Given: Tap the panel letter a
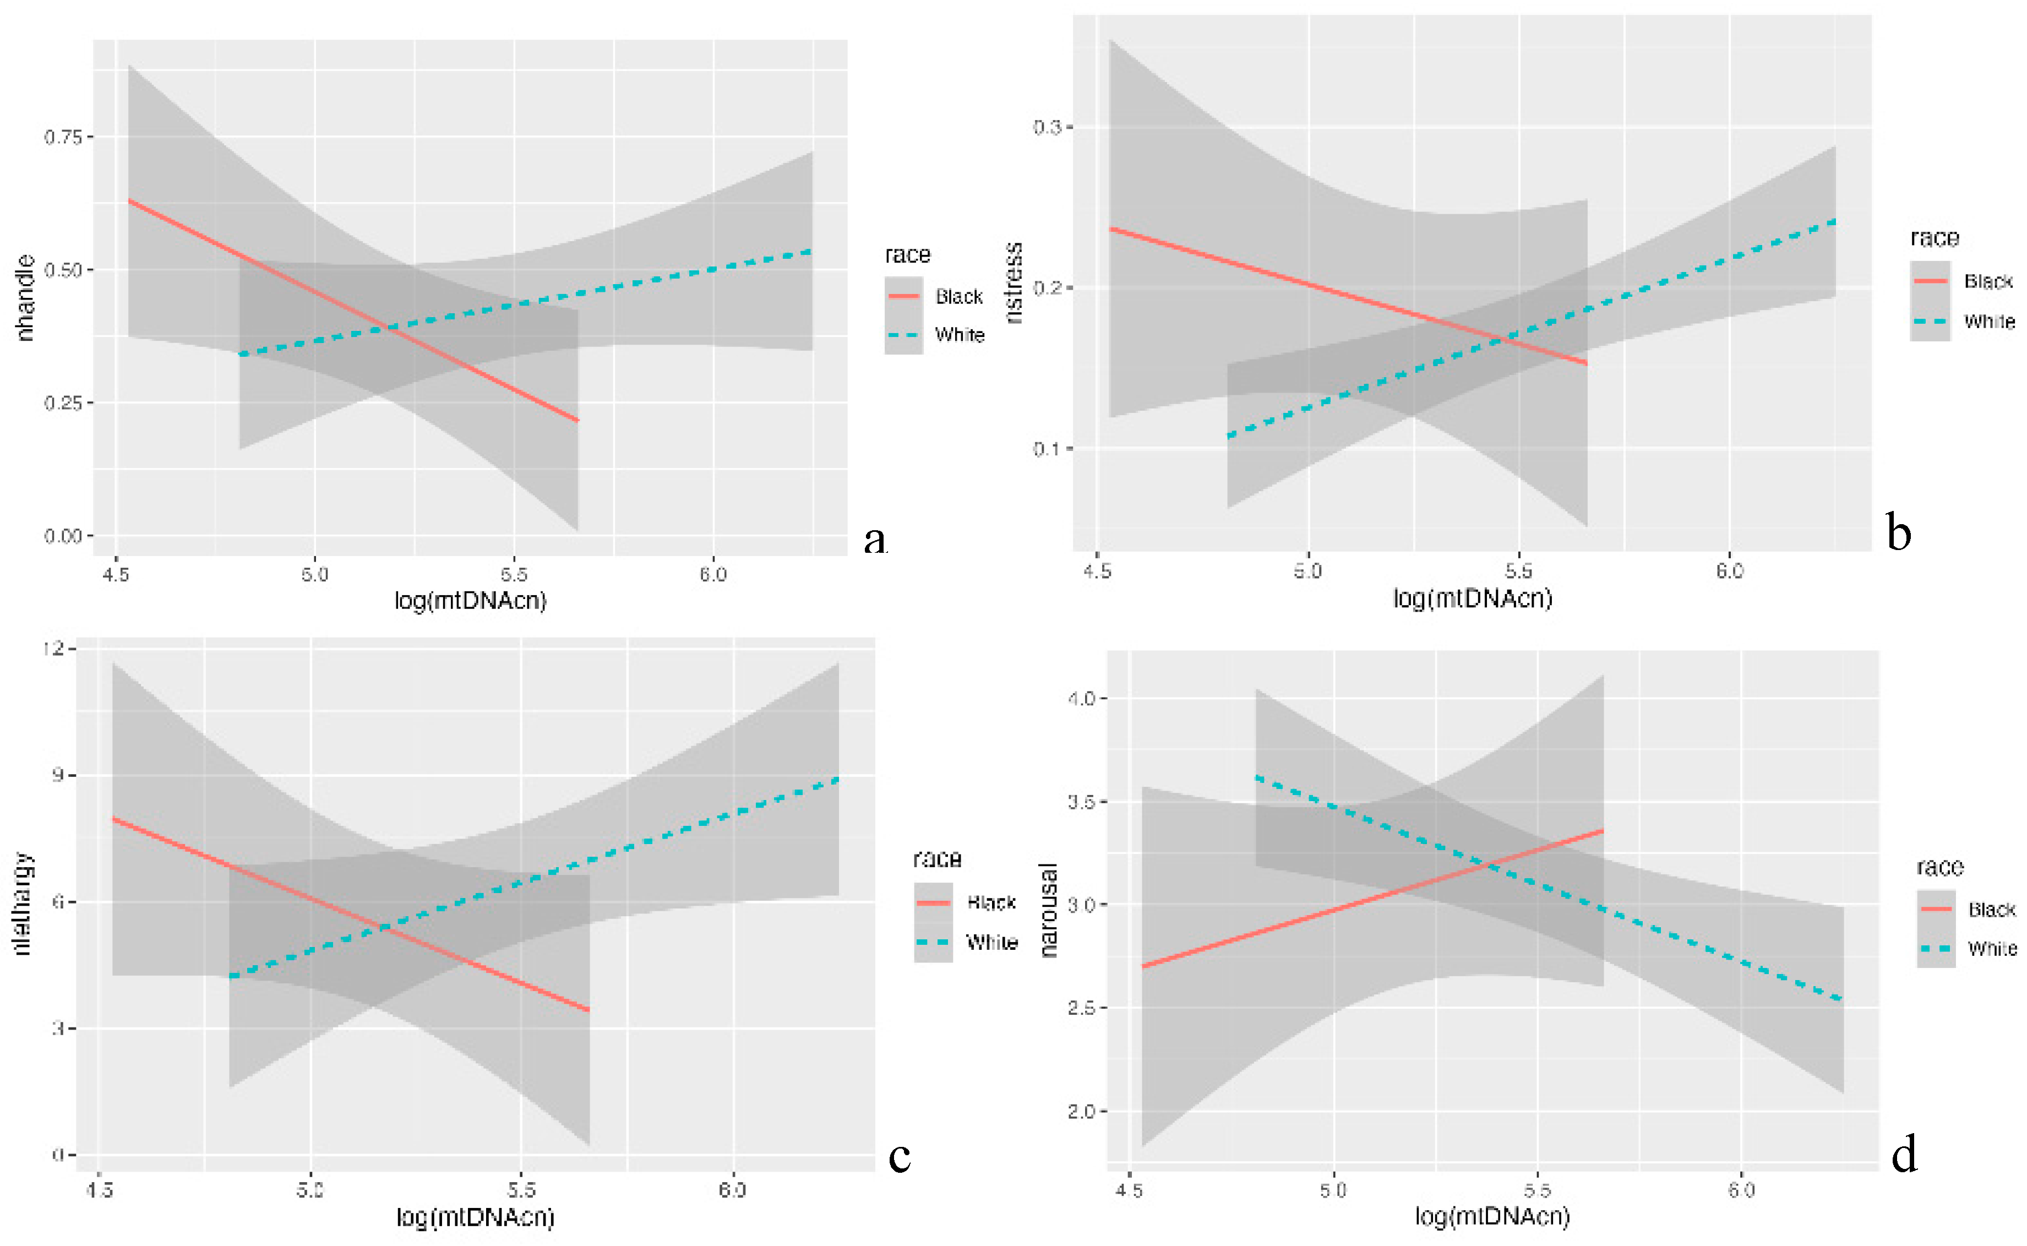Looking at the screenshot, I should click(x=875, y=539).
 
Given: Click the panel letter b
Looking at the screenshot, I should click(x=1899, y=533).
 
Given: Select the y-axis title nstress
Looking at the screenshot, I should click(x=1014, y=282).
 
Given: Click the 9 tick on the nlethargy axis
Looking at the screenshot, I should click(x=58, y=775).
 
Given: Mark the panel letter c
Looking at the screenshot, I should click(x=899, y=1156).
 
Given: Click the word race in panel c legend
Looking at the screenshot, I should click(x=937, y=859).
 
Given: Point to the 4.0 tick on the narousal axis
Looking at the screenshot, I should click(x=1081, y=698).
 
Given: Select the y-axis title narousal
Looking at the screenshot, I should click(x=1048, y=910).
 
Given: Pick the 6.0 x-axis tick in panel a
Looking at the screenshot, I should click(x=713, y=574).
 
